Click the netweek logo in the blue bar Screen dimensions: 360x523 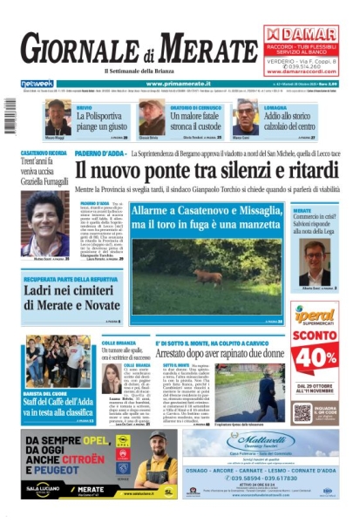(x=36, y=84)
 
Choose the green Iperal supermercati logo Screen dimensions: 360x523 (x=315, y=314)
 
